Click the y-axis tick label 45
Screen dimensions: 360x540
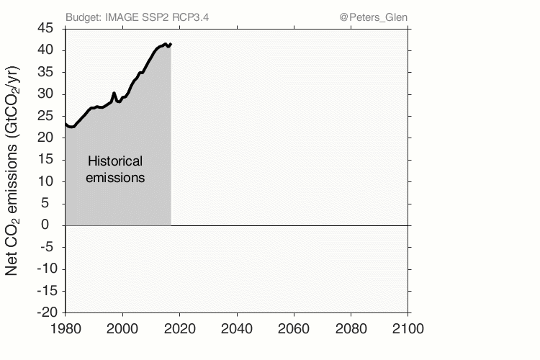click(x=45, y=28)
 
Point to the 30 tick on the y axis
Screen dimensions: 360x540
click(x=45, y=94)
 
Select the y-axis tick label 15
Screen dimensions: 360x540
click(x=45, y=160)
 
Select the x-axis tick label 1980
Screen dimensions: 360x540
click(x=66, y=328)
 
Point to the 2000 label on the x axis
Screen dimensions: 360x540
click(x=122, y=328)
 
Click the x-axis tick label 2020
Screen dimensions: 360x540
click(x=180, y=328)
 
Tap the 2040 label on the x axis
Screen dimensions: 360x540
click(x=237, y=328)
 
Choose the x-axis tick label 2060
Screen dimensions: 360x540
click(x=294, y=328)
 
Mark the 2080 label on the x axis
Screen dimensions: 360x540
click(x=351, y=328)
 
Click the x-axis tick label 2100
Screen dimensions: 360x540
click(x=408, y=328)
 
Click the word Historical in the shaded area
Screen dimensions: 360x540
click(x=115, y=161)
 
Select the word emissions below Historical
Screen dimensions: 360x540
click(x=115, y=177)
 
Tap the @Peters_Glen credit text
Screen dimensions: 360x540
click(x=372, y=17)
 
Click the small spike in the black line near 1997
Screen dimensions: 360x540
click(x=114, y=93)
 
